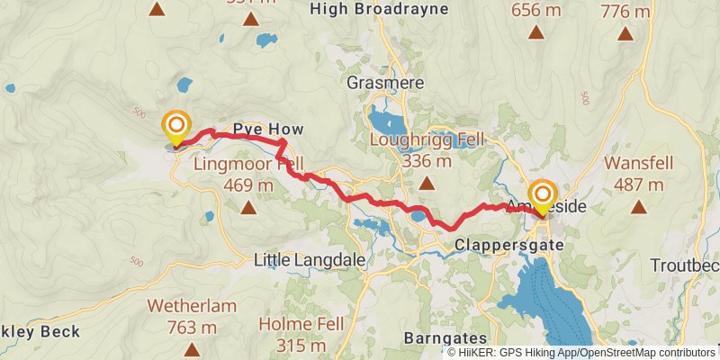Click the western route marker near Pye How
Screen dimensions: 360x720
pyautogui.click(x=176, y=125)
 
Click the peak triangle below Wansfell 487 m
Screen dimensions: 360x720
pyautogui.click(x=639, y=207)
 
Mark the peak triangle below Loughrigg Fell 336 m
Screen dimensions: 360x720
pyautogui.click(x=427, y=184)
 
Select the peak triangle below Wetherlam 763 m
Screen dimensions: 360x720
pyautogui.click(x=191, y=348)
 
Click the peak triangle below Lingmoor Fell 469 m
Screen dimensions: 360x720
pyautogui.click(x=247, y=208)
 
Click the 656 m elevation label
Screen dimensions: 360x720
pyautogui.click(x=536, y=12)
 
